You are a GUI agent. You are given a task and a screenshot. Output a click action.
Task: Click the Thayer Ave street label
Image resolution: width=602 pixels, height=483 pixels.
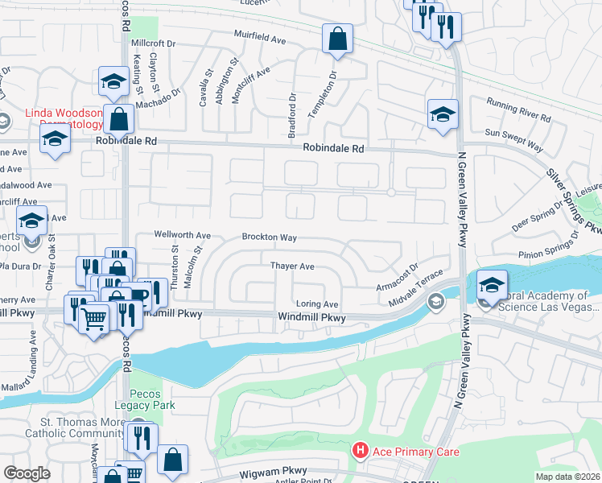coord(291,265)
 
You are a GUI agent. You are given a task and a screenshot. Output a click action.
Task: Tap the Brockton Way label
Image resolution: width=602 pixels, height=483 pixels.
coord(270,237)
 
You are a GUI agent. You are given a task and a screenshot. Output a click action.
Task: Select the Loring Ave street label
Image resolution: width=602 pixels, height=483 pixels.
coord(317,304)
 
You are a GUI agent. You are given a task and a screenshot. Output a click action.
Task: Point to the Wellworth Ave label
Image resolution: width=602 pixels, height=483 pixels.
coord(183,236)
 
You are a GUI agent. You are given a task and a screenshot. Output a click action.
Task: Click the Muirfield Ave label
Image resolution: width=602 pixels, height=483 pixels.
coord(260,38)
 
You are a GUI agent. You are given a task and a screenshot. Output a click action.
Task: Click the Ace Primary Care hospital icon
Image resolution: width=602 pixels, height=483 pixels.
coord(361,452)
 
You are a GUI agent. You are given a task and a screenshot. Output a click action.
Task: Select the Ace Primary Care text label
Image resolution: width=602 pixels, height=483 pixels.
coord(415,452)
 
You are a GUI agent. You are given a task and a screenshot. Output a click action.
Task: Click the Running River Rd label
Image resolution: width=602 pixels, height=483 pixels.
coord(518,109)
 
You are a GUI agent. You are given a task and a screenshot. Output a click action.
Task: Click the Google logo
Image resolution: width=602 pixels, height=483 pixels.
coord(27,473)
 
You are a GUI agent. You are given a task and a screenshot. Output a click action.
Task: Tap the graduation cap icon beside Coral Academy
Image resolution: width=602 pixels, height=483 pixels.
coord(492,284)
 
